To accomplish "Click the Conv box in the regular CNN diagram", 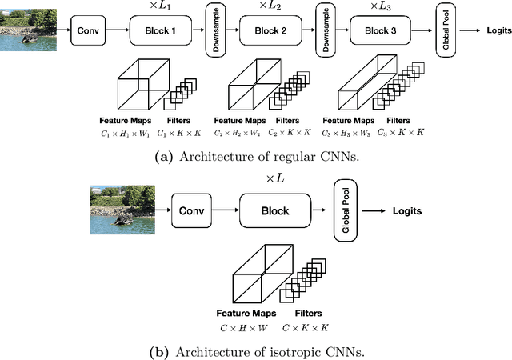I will point(87,33).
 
